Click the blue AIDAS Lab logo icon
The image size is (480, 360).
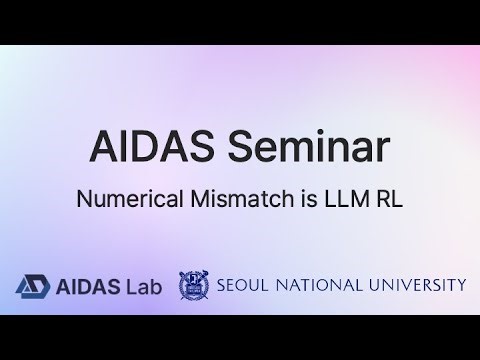[30, 285]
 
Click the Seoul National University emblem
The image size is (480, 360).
[194, 285]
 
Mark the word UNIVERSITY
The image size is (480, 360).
[416, 285]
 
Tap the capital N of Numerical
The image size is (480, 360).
[83, 198]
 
